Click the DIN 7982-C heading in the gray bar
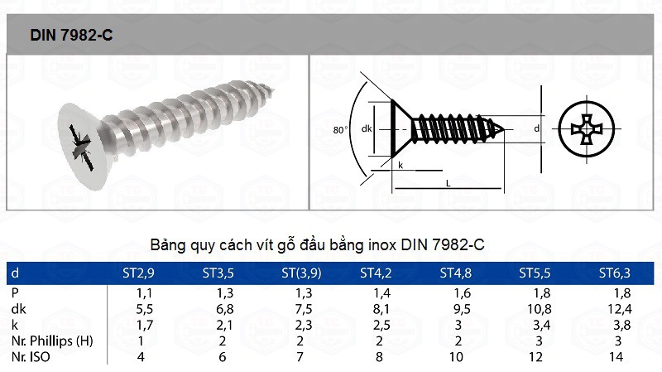tap(71, 35)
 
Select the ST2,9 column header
tap(138, 273)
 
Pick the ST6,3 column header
tap(614, 273)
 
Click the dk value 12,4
tap(619, 309)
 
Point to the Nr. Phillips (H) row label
tap(52, 341)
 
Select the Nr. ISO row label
tap(31, 357)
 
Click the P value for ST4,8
tap(462, 293)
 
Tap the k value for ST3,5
tap(224, 325)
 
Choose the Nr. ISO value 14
tap(616, 357)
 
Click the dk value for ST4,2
tap(381, 309)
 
